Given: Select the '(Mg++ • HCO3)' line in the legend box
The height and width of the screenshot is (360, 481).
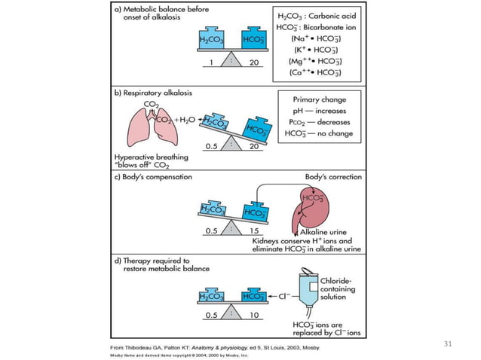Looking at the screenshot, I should (x=318, y=60).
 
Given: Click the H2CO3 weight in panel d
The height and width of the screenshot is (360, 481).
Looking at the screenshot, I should (x=210, y=295).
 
